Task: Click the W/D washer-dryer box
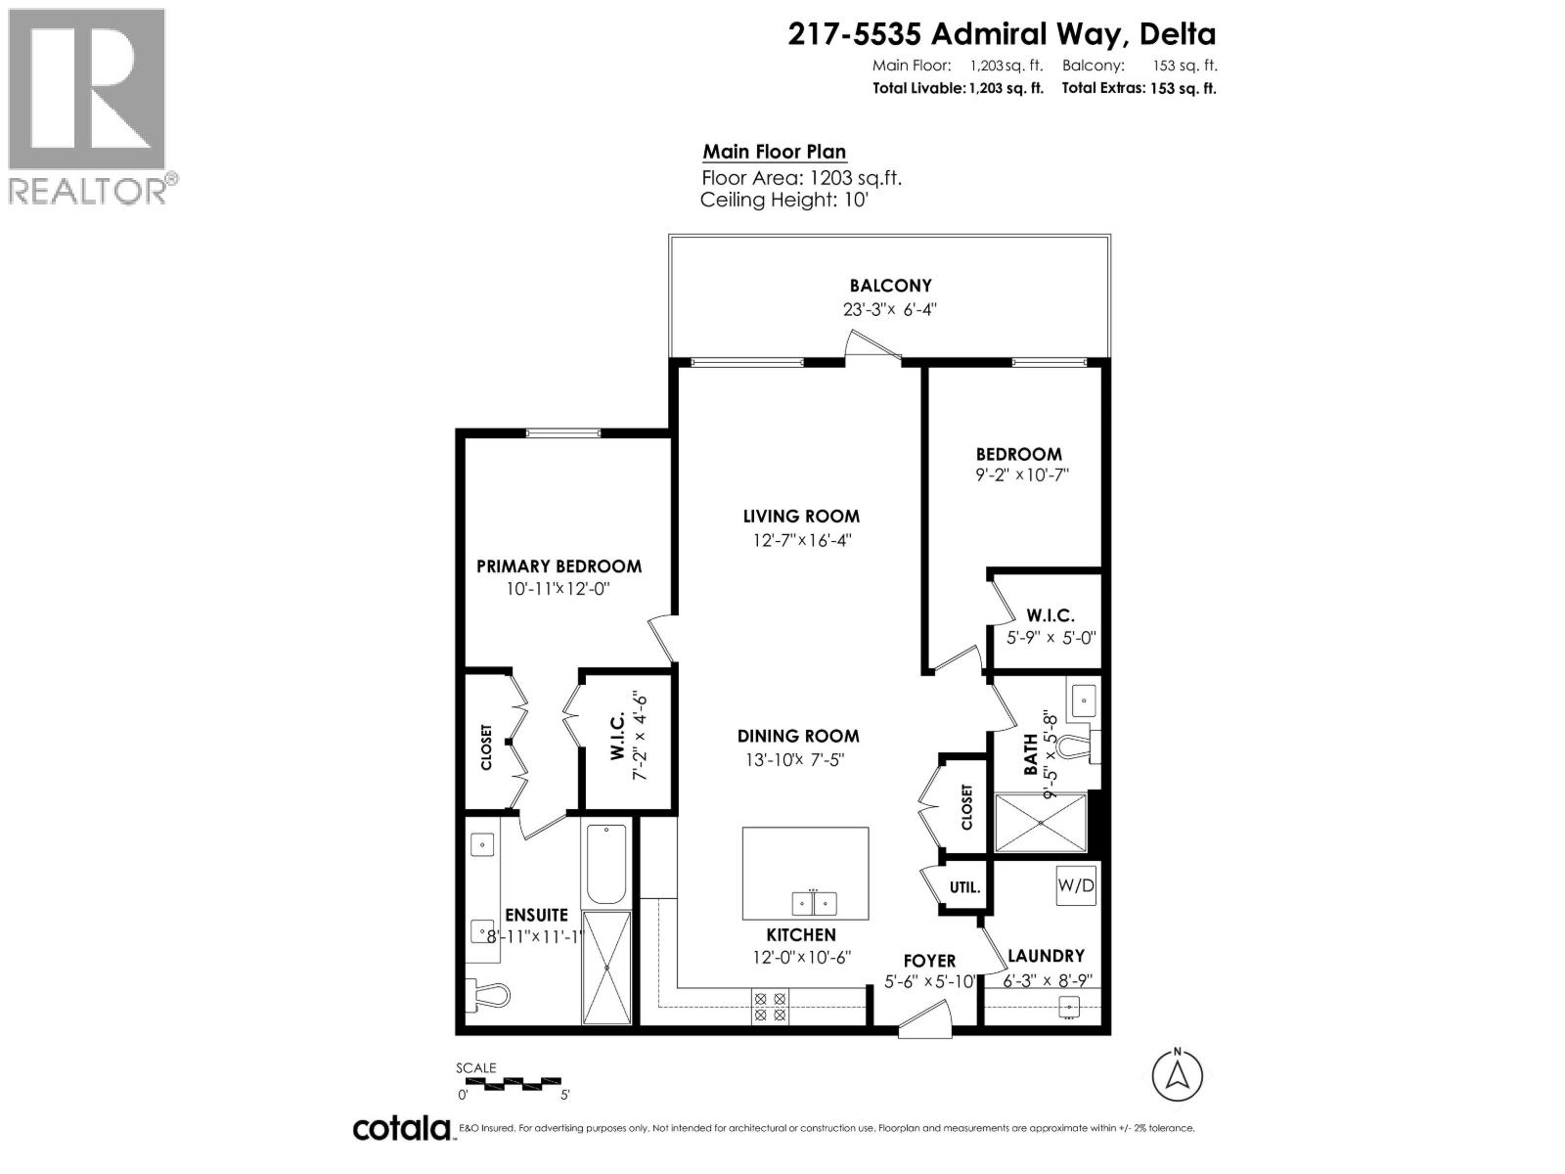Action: click(1076, 886)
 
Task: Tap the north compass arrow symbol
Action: click(1178, 1075)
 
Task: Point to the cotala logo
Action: click(401, 1128)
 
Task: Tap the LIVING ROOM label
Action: click(801, 517)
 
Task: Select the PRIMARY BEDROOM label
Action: click(559, 566)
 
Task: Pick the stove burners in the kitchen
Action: click(769, 1007)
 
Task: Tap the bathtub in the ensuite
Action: click(606, 865)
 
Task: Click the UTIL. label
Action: click(964, 888)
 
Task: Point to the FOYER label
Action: click(928, 961)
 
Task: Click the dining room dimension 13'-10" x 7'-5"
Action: click(798, 760)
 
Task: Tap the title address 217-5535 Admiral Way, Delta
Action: click(1002, 34)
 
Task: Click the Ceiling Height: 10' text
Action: click(784, 201)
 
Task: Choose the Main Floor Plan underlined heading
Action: click(774, 152)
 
